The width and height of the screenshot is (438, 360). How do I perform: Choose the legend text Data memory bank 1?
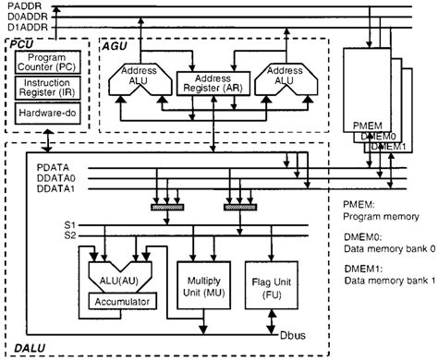tap(388, 281)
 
